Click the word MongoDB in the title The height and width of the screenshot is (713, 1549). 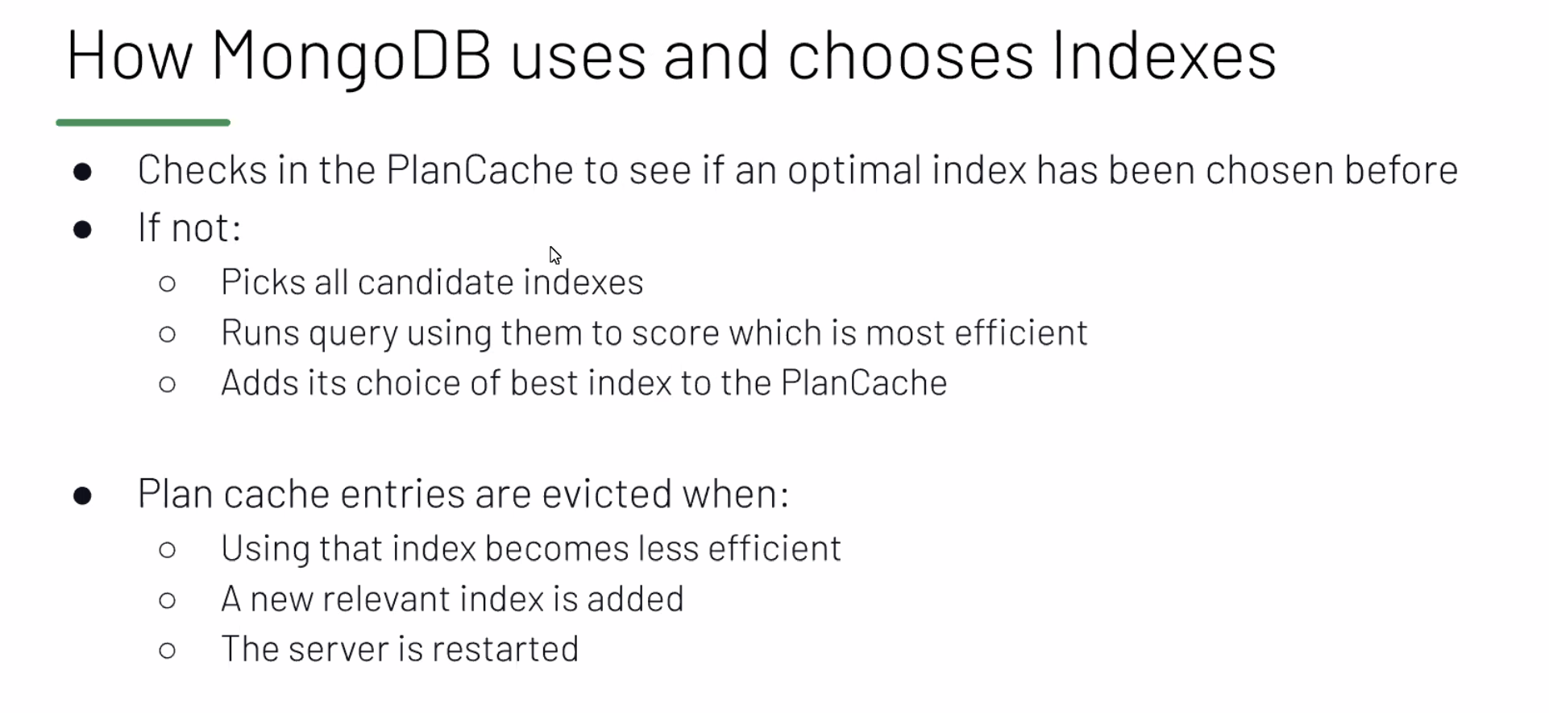pyautogui.click(x=351, y=56)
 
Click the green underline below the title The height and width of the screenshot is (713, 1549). pyautogui.click(x=143, y=123)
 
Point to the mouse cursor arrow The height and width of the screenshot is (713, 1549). pyautogui.click(x=554, y=256)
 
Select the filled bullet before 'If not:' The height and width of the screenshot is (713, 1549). pyautogui.click(x=82, y=230)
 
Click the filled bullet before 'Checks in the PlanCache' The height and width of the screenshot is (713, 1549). pyautogui.click(x=82, y=172)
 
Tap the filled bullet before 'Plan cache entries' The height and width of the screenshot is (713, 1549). pyautogui.click(x=82, y=495)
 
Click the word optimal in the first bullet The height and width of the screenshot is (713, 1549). pyautogui.click(x=854, y=171)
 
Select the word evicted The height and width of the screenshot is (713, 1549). pyautogui.click(x=607, y=494)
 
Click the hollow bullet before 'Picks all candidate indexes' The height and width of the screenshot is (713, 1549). pyautogui.click(x=168, y=284)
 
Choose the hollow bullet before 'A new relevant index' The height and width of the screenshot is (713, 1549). pyautogui.click(x=168, y=600)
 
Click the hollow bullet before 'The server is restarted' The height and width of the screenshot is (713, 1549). pyautogui.click(x=168, y=651)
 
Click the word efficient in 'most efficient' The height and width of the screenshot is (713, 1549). pyautogui.click(x=1021, y=332)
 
